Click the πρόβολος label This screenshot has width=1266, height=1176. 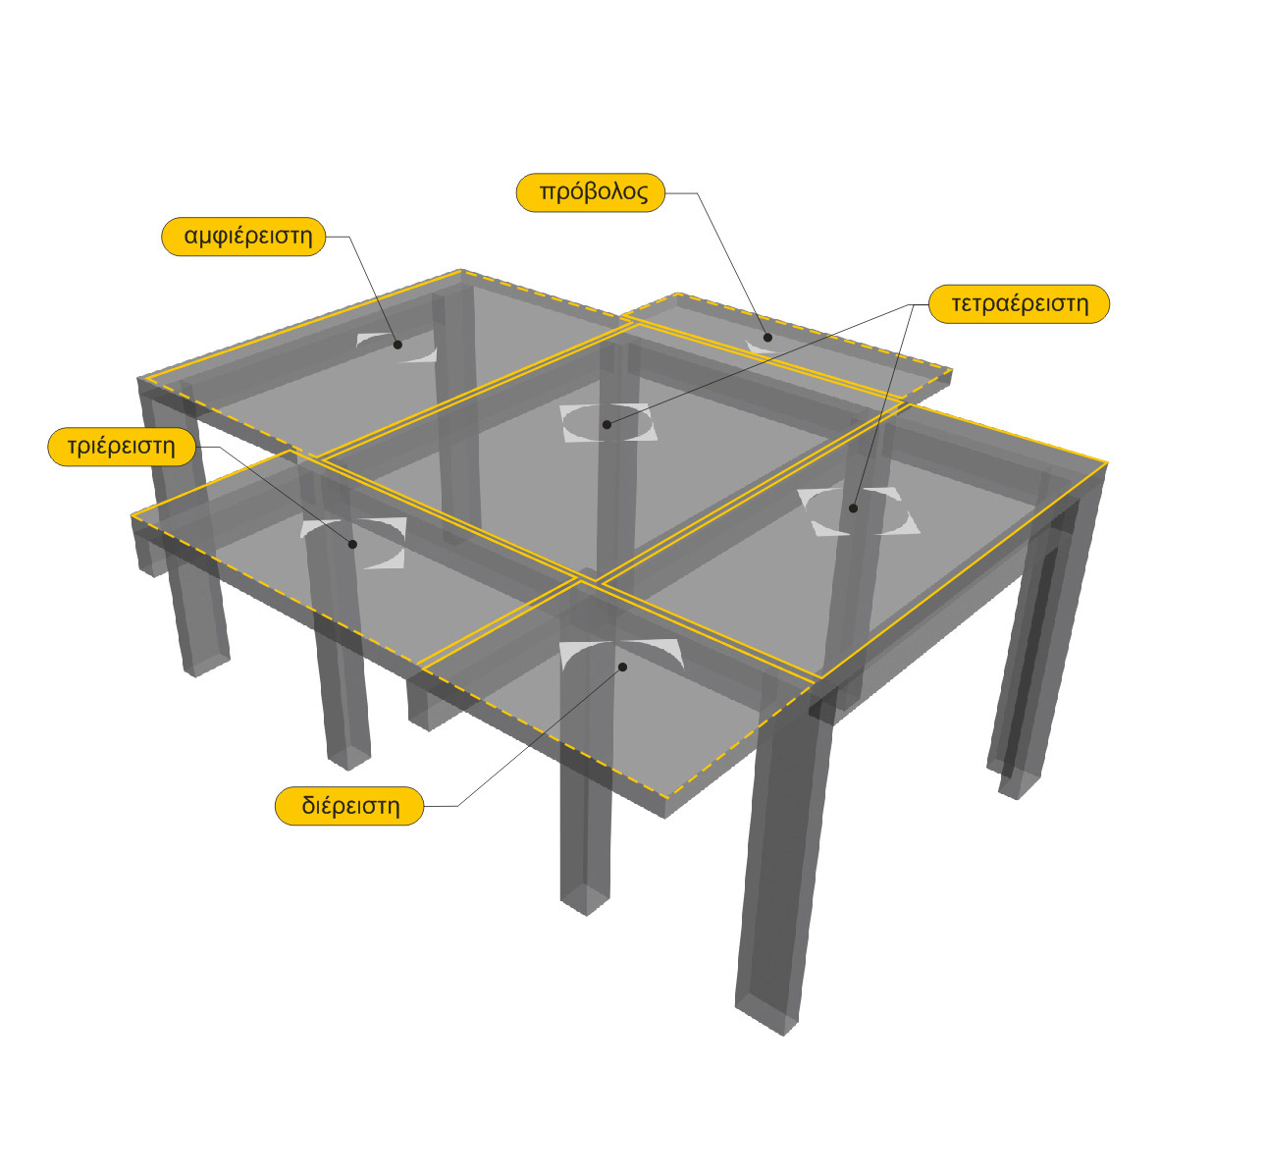(590, 192)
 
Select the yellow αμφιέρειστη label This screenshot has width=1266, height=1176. (243, 237)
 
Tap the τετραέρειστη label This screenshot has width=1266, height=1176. (1019, 304)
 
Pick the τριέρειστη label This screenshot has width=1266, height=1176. (122, 447)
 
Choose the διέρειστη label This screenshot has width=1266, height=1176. (349, 806)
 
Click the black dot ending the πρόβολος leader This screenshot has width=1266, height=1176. (768, 338)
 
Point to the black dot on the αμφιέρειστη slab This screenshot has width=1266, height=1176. (397, 345)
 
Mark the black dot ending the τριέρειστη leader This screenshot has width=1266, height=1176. (352, 544)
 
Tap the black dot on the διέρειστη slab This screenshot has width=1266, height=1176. (623, 668)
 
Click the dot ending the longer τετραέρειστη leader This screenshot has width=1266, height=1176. (607, 424)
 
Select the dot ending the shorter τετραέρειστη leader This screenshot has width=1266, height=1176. (853, 508)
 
